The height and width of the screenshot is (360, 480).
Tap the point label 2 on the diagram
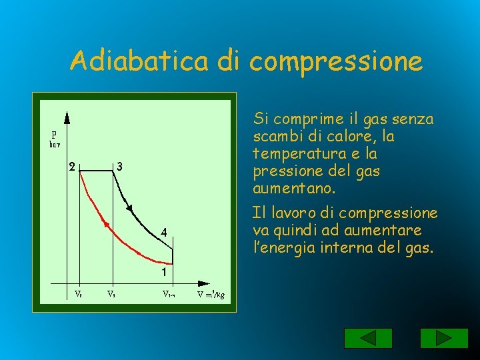click(72, 167)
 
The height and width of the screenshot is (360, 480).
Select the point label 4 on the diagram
click(163, 232)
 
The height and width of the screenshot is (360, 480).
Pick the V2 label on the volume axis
click(79, 293)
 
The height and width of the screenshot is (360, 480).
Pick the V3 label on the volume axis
click(111, 293)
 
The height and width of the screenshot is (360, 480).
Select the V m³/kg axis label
click(215, 294)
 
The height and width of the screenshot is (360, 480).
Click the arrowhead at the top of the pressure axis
click(67, 117)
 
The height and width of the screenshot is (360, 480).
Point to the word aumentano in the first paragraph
click(289, 189)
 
